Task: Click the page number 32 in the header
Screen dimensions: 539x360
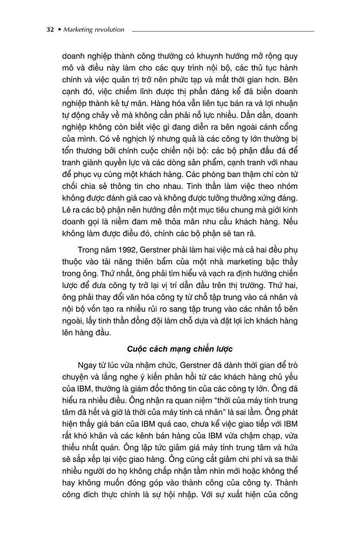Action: pyautogui.click(x=50, y=30)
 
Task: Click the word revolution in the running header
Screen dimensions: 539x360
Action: pyautogui.click(x=109, y=30)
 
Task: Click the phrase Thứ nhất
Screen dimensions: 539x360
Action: pyautogui.click(x=114, y=274)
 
